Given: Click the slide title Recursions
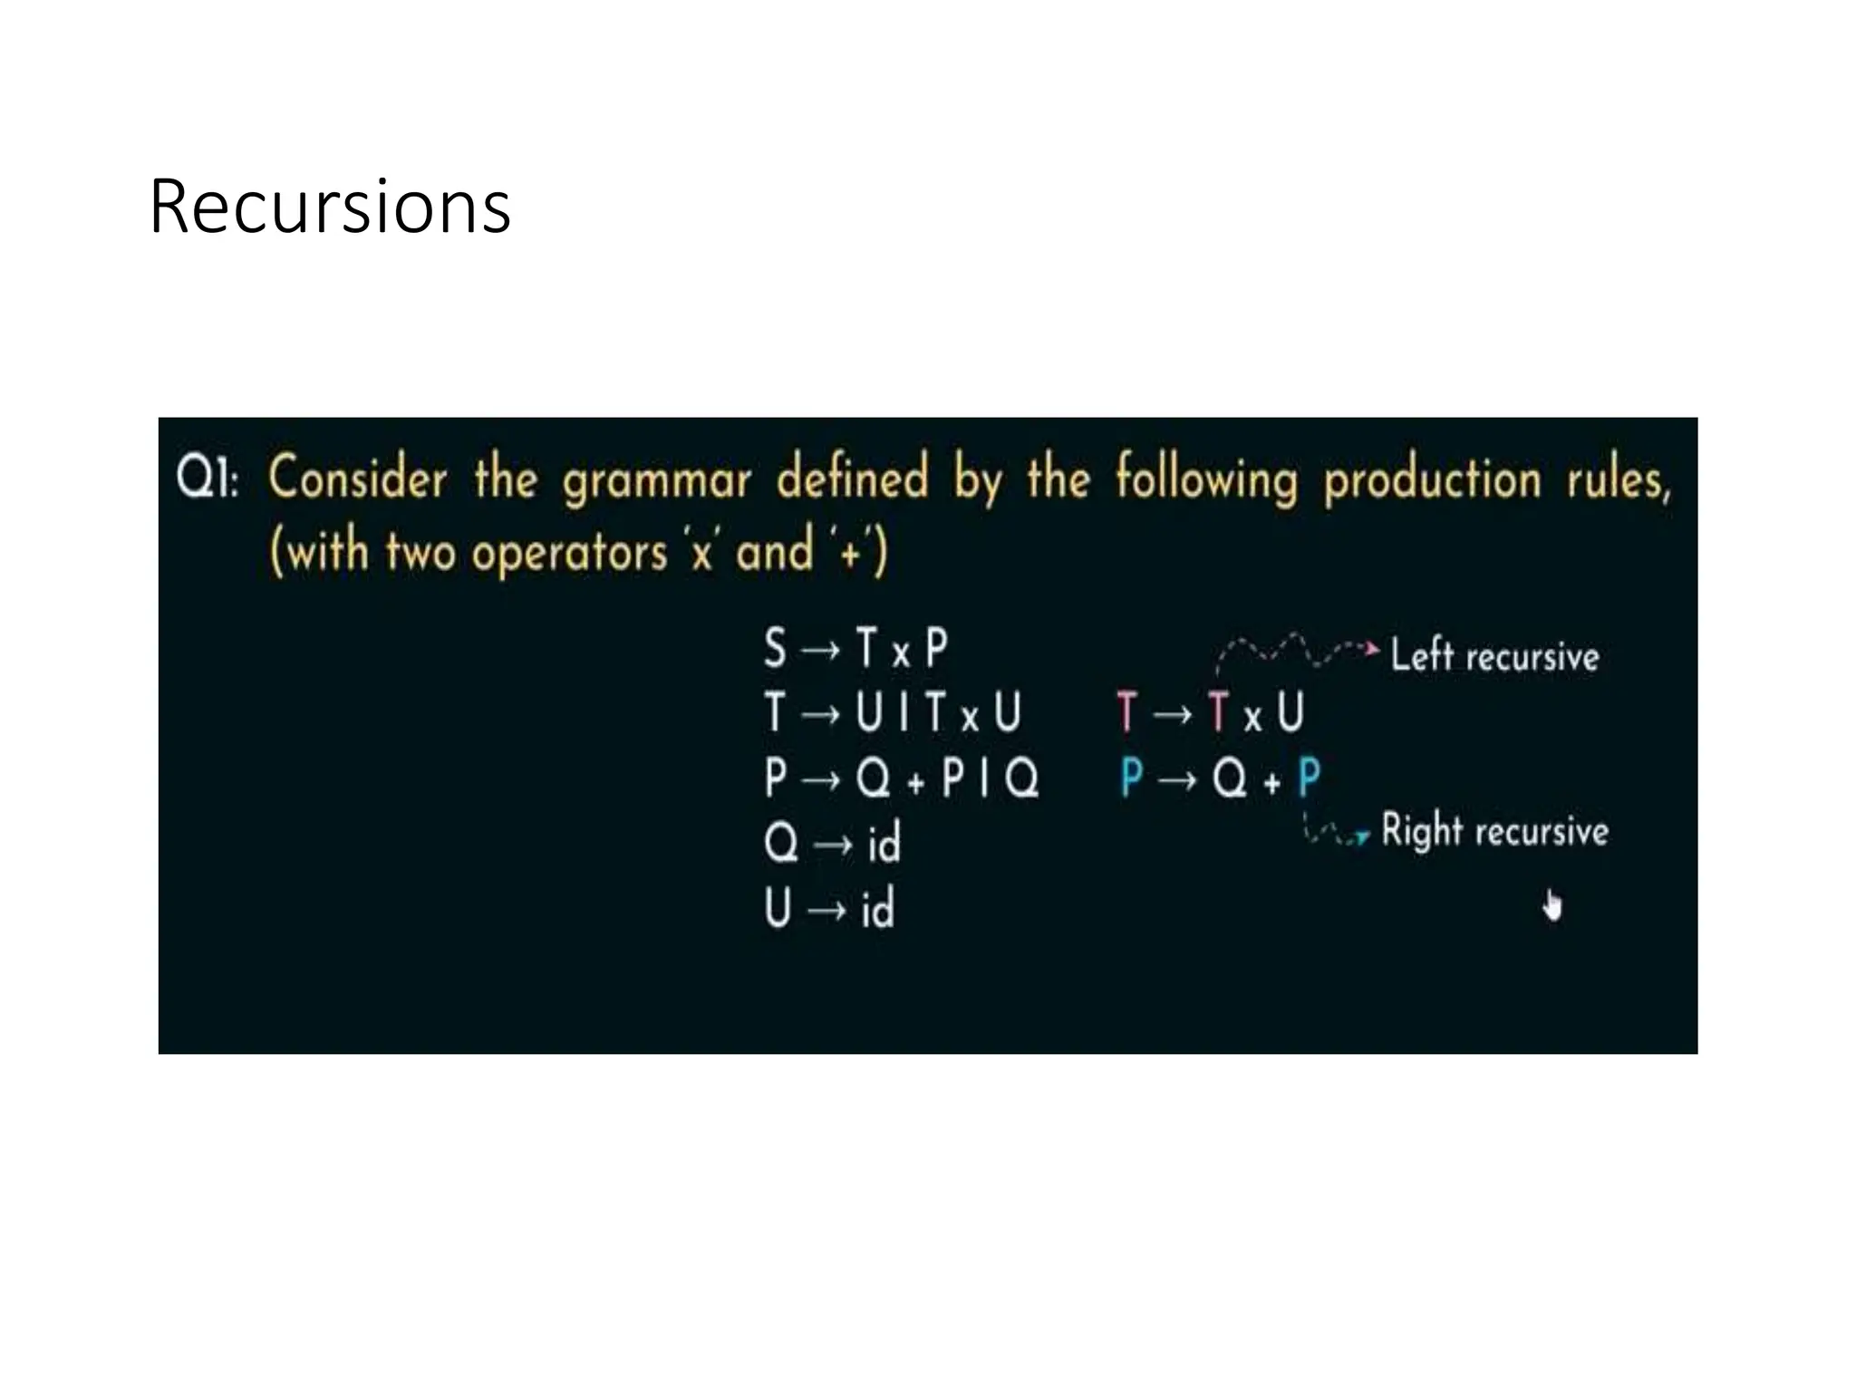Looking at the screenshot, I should tap(330, 207).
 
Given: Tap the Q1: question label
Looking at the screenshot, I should tap(208, 477).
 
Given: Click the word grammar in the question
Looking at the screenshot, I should tap(656, 480).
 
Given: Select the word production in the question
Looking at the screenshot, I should tap(1432, 480).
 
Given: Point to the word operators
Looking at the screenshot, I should tap(569, 553).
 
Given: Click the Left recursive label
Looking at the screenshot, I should tap(1494, 655).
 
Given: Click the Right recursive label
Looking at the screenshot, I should tap(1494, 831).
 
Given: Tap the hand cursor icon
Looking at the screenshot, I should tap(1552, 905).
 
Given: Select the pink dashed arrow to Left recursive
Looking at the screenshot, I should tap(1296, 651).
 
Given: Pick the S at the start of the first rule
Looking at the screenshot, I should tap(775, 649).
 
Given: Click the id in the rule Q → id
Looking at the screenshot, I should tap(884, 844).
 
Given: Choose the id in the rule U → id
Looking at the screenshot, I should tap(877, 908).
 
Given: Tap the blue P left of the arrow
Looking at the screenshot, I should tap(1131, 778).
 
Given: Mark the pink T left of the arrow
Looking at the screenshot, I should tap(1126, 711).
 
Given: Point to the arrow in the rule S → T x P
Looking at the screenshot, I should tap(821, 650).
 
